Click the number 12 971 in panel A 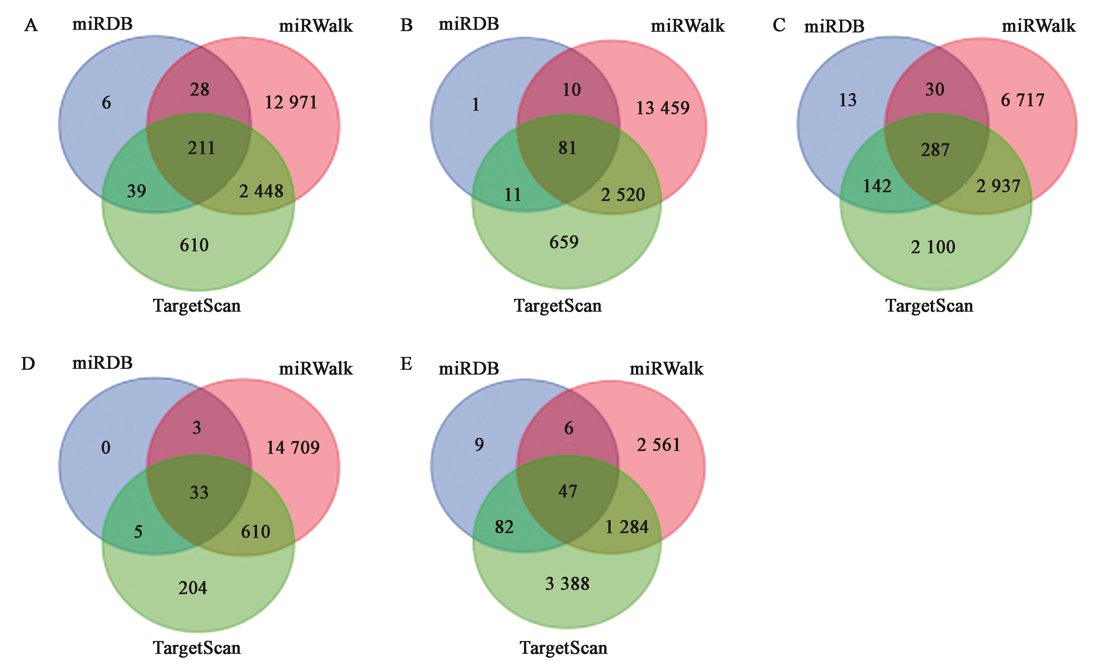tap(291, 103)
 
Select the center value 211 tap(201, 148)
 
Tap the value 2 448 tap(261, 191)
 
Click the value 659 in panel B tap(564, 242)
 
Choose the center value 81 tap(567, 148)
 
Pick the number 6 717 tap(1022, 100)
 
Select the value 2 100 tap(933, 247)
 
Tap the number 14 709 tap(293, 447)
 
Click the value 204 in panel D tap(193, 588)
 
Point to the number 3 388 tap(567, 584)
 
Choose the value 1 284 tap(627, 527)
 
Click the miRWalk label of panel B tap(687, 26)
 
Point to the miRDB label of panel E tap(469, 368)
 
